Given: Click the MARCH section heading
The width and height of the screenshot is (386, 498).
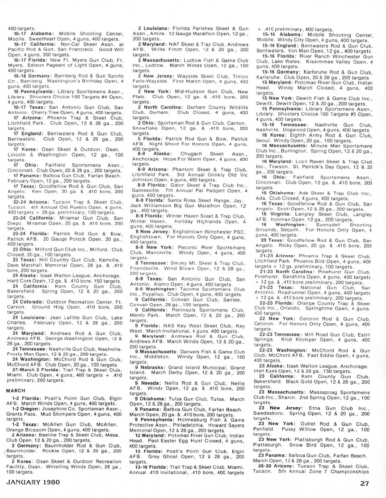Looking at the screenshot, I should click(x=16, y=391).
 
